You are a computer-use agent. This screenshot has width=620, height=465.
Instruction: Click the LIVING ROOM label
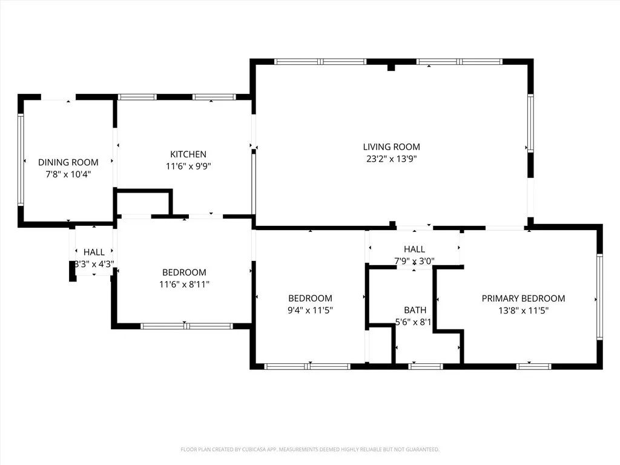[392, 147]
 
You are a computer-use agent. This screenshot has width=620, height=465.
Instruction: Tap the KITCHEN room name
[188, 154]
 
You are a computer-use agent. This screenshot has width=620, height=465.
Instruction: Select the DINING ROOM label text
[68, 162]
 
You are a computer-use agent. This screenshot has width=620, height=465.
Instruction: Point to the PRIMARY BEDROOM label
[523, 298]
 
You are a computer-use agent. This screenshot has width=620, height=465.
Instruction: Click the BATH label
[415, 310]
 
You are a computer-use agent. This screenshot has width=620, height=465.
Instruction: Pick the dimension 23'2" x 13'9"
[392, 159]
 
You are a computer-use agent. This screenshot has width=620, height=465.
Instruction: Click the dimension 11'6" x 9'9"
[188, 166]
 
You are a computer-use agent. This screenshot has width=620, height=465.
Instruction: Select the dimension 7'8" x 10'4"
[68, 174]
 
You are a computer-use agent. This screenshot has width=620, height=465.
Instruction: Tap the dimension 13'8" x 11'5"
[523, 311]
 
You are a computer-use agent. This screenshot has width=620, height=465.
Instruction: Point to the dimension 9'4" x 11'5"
[310, 310]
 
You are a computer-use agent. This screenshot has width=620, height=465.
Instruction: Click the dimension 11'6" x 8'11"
[184, 285]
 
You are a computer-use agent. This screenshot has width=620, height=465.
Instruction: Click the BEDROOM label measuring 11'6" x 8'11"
[184, 272]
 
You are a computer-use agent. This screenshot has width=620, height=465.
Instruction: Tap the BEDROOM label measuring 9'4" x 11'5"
[310, 298]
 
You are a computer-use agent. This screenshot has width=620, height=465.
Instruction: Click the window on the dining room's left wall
[21, 160]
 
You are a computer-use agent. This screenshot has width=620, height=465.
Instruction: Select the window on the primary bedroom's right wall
[599, 297]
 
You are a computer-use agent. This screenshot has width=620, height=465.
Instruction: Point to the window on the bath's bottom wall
[426, 366]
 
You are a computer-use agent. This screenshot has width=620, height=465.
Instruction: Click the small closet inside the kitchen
[143, 203]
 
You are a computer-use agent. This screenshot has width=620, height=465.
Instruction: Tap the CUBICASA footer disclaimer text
[310, 449]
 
